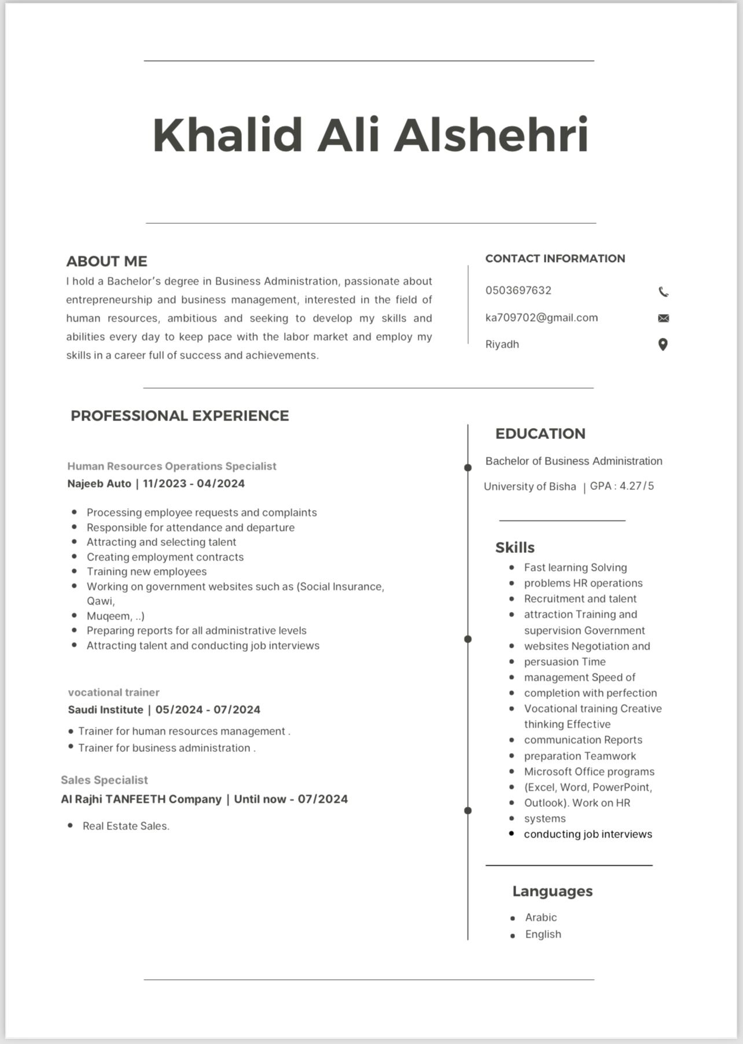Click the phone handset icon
(664, 292)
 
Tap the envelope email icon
(664, 318)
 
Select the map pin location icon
(663, 345)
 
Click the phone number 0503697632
(518, 290)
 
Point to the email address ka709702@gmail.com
(542, 318)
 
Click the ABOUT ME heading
(106, 261)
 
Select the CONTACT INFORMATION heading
(555, 259)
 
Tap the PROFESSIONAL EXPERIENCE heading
(179, 416)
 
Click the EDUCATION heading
(540, 434)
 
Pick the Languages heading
(552, 891)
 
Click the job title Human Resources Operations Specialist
(172, 466)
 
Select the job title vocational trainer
(113, 692)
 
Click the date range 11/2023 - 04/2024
(194, 484)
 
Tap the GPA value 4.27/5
(637, 486)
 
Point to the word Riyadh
(502, 344)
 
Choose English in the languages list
(543, 934)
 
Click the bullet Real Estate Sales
(126, 826)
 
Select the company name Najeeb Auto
(100, 484)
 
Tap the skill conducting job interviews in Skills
(588, 834)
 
